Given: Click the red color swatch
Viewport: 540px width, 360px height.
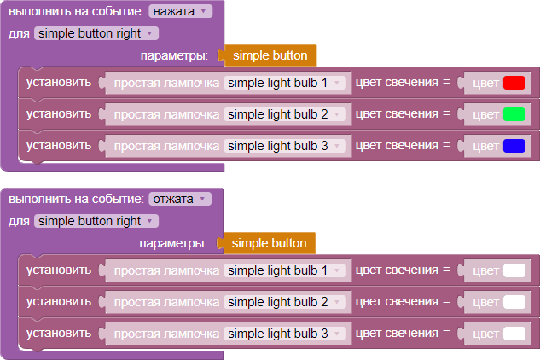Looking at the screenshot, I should click(x=514, y=84).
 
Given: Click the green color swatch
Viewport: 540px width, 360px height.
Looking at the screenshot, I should click(x=514, y=114).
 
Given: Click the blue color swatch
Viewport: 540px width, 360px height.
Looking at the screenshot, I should click(x=514, y=146).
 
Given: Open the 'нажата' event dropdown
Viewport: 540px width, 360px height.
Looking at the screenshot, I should click(x=181, y=12).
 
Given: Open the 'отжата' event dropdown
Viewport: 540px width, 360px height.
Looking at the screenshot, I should click(x=179, y=199).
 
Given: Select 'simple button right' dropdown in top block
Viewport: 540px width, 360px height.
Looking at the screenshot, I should click(x=96, y=33).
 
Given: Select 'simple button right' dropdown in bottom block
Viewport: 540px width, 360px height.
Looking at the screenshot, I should click(x=96, y=221).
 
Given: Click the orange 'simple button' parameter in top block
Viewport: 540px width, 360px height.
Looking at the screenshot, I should click(x=270, y=55).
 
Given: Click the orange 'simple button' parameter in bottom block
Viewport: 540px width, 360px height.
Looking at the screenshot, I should click(x=269, y=243).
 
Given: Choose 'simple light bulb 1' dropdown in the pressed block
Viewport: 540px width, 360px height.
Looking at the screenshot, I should click(x=284, y=83).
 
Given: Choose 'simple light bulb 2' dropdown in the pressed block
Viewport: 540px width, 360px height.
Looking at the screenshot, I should click(x=284, y=114).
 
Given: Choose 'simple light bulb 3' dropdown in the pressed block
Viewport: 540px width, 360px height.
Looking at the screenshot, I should click(x=284, y=146).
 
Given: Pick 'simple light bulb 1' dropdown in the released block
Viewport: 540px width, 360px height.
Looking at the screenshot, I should click(x=284, y=270).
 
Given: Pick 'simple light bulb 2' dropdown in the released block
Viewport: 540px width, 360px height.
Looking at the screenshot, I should click(x=284, y=302).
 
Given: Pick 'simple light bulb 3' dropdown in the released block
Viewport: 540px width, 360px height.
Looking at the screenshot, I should click(x=284, y=333).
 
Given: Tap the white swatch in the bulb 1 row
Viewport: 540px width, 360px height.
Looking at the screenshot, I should click(x=514, y=270).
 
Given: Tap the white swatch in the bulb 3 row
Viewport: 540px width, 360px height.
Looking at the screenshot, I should click(x=514, y=333).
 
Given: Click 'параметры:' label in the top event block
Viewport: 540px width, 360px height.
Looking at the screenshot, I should click(x=177, y=55).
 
